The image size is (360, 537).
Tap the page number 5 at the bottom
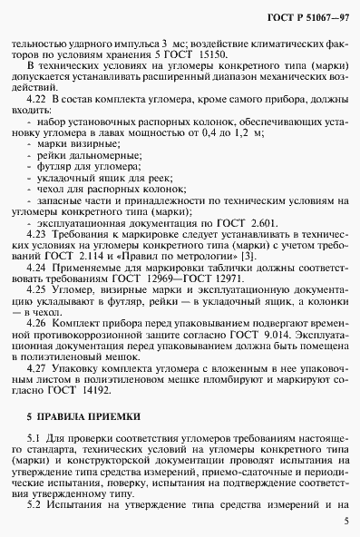click(x=345, y=522)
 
